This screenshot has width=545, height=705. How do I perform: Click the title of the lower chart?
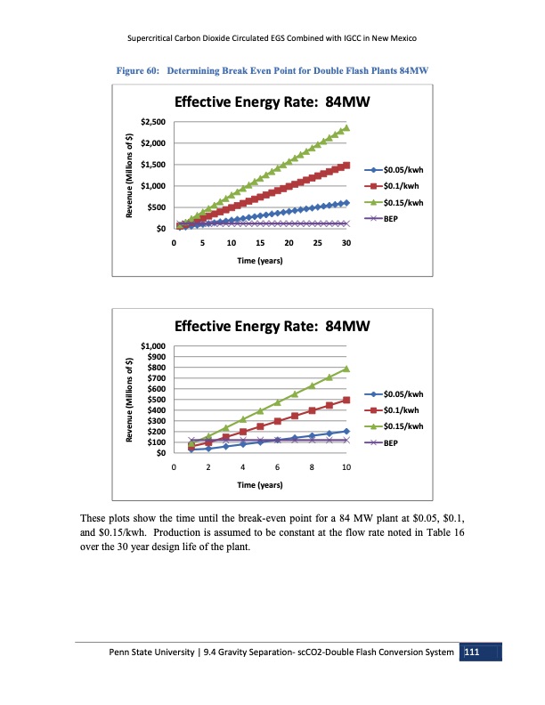tap(272, 326)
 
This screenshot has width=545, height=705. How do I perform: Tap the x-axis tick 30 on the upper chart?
tap(346, 243)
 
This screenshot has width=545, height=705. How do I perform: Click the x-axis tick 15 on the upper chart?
tap(260, 243)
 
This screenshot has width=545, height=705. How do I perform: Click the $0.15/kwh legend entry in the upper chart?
tap(403, 202)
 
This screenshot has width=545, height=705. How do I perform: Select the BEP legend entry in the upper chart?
tap(395, 218)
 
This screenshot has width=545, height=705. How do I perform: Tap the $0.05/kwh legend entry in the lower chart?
tap(403, 393)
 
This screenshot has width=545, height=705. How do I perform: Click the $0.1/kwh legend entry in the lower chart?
tap(401, 409)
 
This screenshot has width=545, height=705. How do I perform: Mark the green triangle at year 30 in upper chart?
tap(346, 128)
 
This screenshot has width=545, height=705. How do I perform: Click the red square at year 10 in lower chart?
tap(346, 401)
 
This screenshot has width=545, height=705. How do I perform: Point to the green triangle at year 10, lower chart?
tap(346, 369)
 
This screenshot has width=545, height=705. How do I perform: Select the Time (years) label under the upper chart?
tap(260, 262)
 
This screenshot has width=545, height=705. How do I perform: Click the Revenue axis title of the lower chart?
tap(130, 400)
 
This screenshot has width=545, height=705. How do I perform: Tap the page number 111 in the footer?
tap(472, 654)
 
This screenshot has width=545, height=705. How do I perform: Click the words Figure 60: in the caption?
tap(134, 69)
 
